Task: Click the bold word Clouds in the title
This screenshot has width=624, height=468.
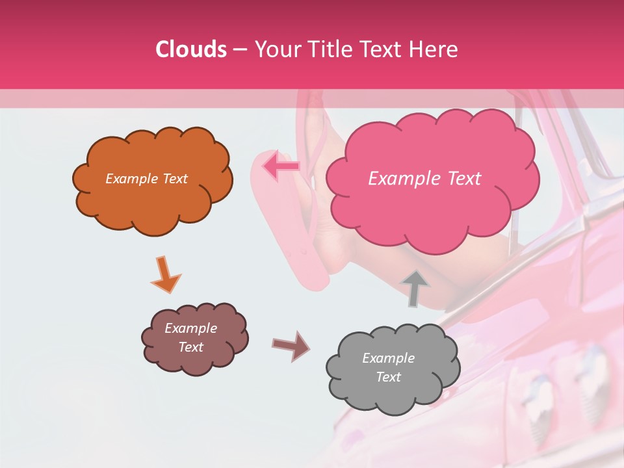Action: (192, 49)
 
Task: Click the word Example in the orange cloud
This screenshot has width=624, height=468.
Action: (131, 179)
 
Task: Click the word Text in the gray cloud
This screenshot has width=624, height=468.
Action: (388, 377)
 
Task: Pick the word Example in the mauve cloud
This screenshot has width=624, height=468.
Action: (190, 328)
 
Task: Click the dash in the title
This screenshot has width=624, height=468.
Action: (239, 49)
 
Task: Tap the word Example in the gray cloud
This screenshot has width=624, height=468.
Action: (388, 358)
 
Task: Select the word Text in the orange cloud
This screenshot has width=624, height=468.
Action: (174, 179)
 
